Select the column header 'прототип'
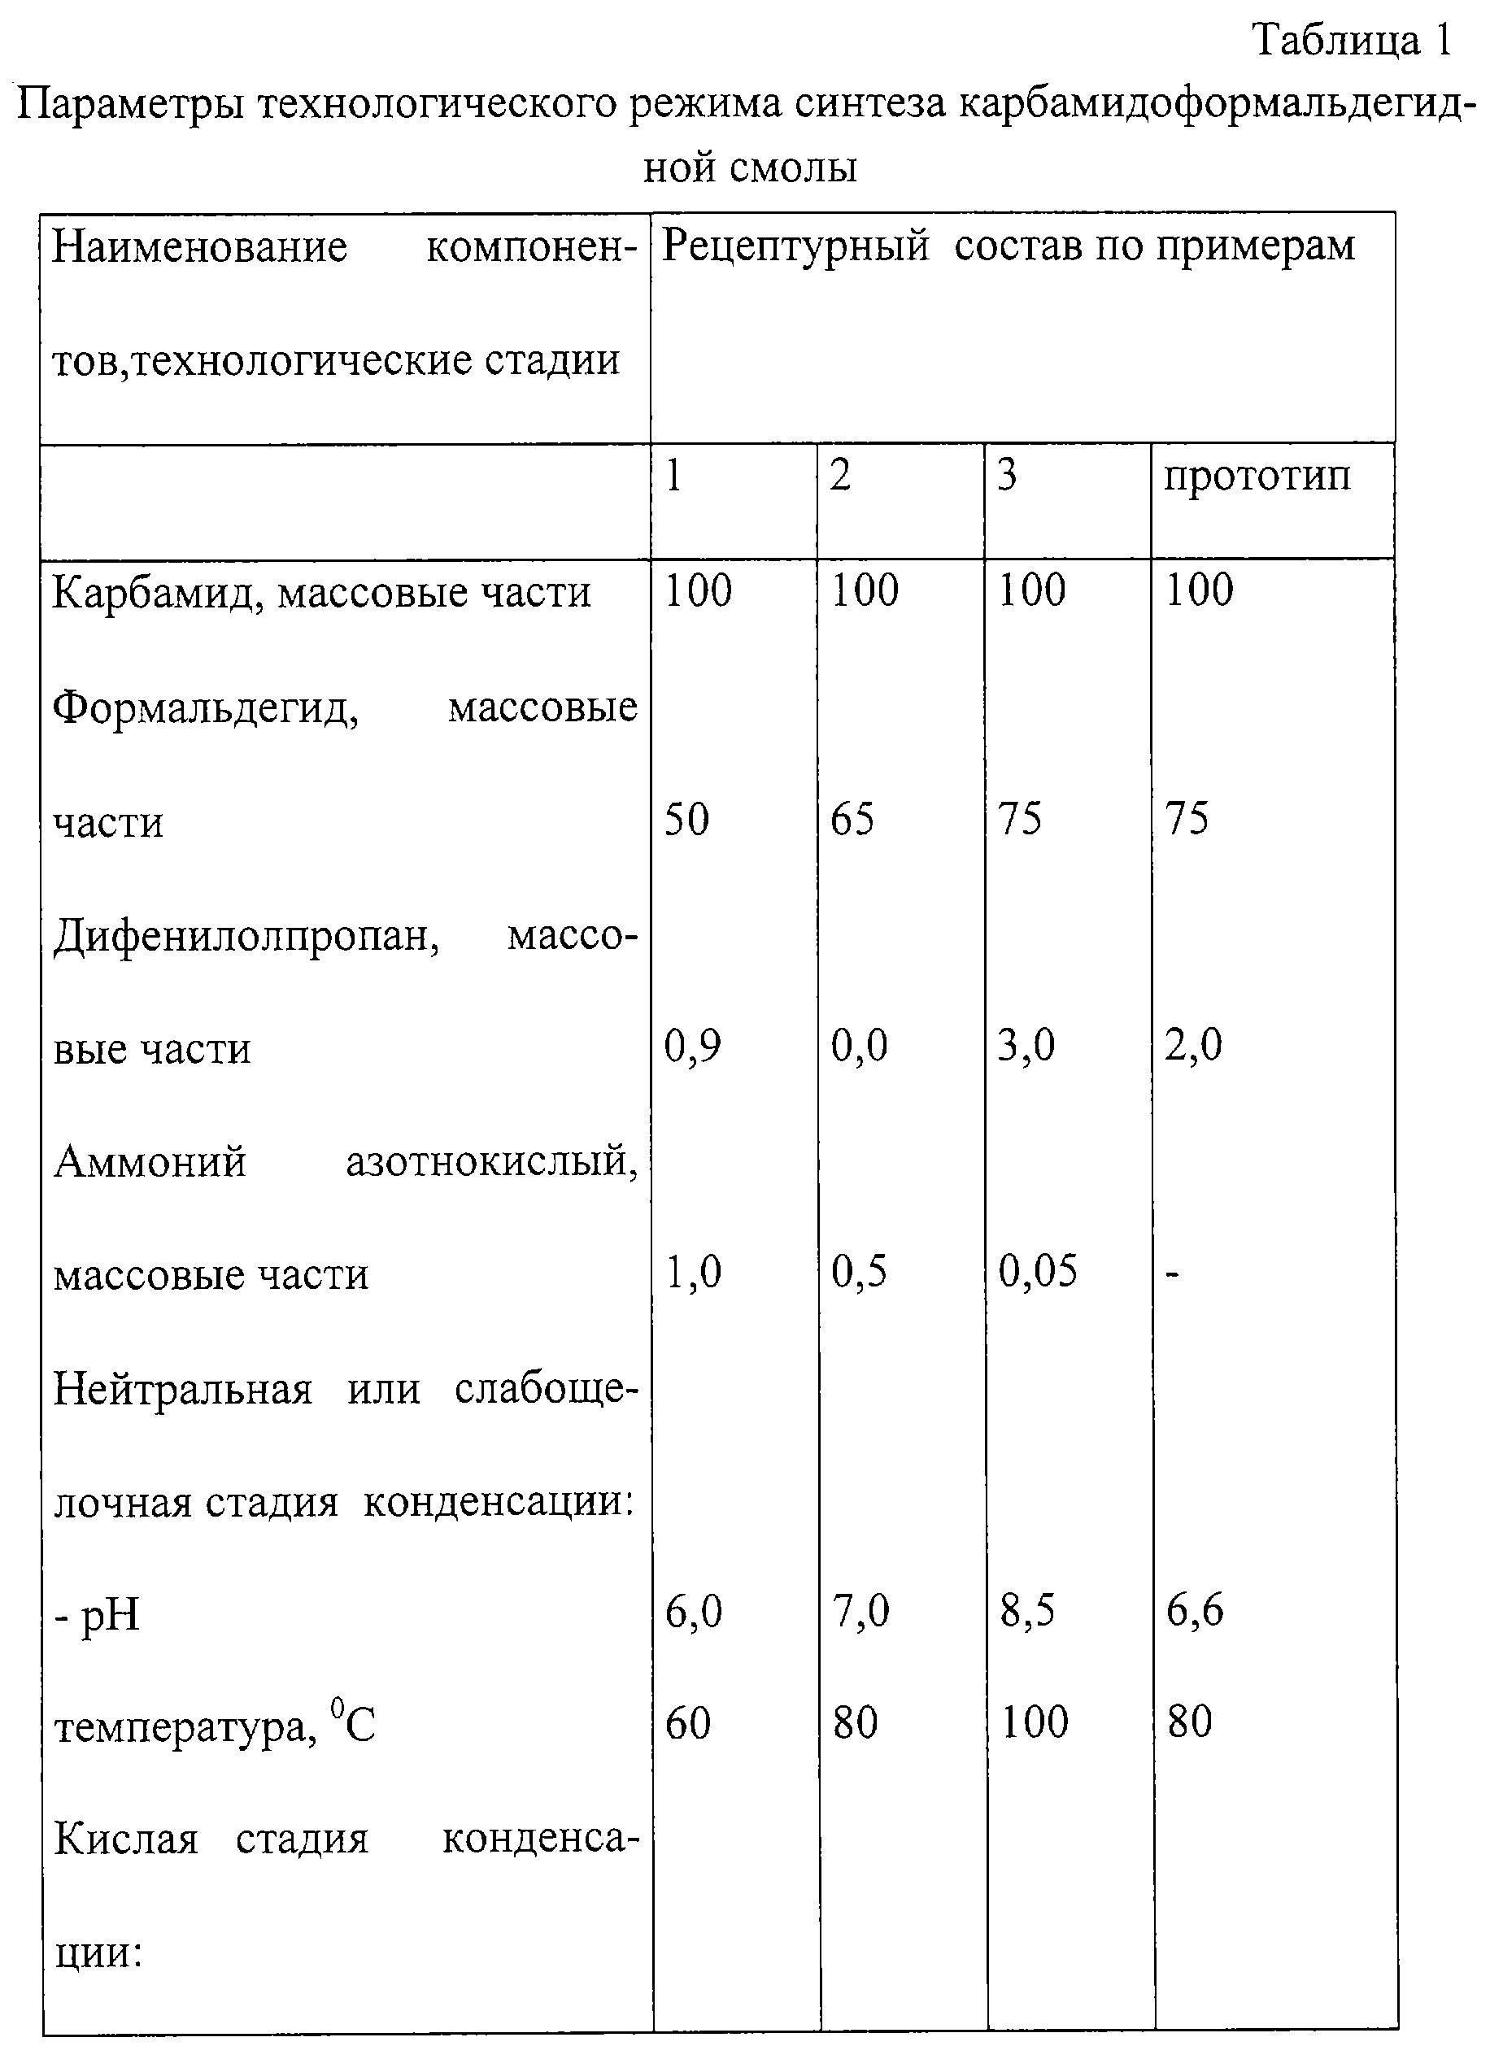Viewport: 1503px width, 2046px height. (x=1257, y=477)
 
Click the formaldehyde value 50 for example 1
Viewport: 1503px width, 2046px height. (x=687, y=819)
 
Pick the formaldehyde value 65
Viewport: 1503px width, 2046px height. (x=852, y=819)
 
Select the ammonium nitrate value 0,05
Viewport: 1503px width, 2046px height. (x=1037, y=1271)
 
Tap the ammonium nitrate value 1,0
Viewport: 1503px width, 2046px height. (x=692, y=1271)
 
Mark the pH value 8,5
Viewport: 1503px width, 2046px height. (x=1027, y=1611)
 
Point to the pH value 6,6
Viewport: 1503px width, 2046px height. (x=1196, y=1611)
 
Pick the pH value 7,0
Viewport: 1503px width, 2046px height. (x=860, y=1611)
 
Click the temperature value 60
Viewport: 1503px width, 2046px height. (x=688, y=1723)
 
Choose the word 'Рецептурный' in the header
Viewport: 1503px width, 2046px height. (x=795, y=246)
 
